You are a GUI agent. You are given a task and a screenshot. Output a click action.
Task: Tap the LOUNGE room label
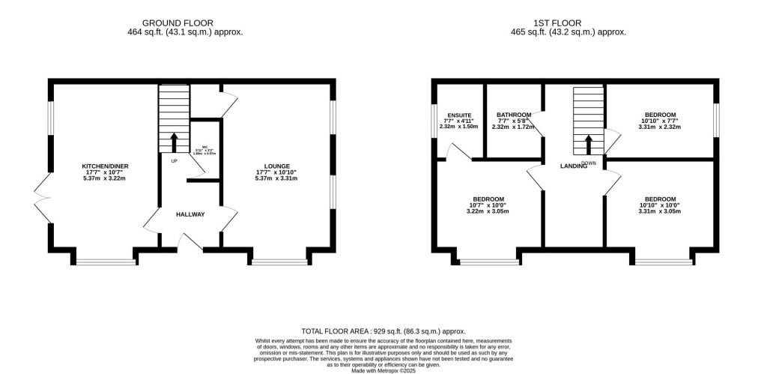tap(276, 166)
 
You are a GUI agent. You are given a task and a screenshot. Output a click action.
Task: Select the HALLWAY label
tap(190, 214)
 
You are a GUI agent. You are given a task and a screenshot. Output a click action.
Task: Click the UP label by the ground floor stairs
tap(174, 160)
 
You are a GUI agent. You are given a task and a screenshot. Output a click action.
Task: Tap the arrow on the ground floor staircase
tap(174, 142)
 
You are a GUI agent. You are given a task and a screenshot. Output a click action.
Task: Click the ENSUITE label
tap(458, 115)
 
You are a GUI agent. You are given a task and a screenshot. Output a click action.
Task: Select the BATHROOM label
tap(514, 115)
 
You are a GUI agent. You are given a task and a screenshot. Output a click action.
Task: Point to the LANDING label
tap(573, 166)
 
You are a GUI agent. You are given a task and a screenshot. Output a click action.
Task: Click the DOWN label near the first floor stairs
tap(589, 162)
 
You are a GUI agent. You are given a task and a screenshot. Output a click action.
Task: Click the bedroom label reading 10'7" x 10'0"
tap(488, 199)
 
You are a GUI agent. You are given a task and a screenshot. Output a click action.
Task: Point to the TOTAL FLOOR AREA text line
tap(383, 331)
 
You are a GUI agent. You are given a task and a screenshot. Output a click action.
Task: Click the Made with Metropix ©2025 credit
tap(383, 369)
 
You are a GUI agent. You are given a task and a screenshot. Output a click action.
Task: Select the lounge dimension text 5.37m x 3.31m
tap(276, 178)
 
